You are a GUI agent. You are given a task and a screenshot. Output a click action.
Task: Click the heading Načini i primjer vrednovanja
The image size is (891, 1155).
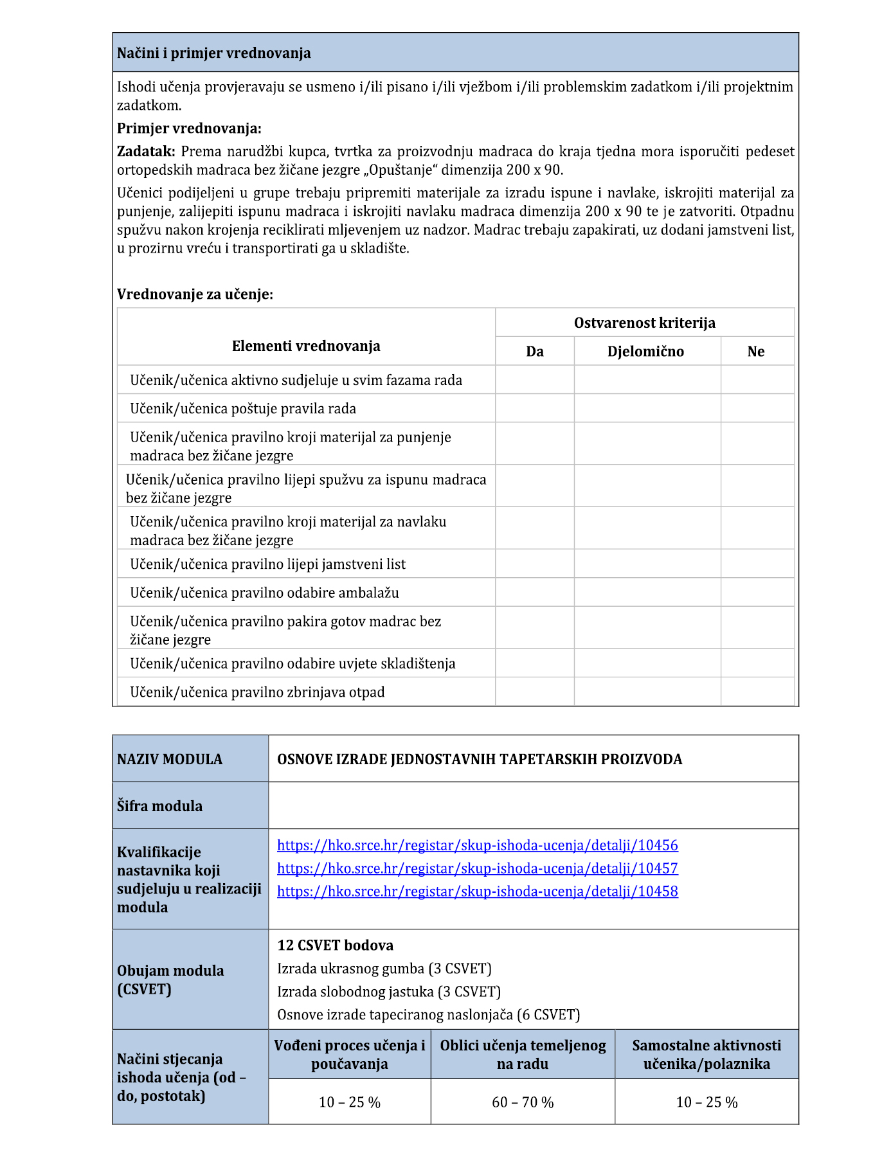pos(213,53)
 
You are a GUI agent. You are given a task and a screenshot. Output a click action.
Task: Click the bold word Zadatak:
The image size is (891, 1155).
pos(146,152)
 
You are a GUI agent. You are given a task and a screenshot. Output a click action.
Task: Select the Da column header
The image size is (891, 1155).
pos(534,352)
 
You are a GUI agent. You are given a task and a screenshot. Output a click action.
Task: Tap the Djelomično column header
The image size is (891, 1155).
pos(645,352)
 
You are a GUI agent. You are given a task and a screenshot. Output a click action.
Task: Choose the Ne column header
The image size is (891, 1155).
pos(756,352)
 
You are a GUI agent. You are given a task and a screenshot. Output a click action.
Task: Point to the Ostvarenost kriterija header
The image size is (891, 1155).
pos(644,323)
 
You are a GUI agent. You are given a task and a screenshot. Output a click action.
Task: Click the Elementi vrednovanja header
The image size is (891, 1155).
pos(306,346)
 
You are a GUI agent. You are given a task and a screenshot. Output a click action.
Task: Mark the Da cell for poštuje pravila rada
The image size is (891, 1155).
pos(534,409)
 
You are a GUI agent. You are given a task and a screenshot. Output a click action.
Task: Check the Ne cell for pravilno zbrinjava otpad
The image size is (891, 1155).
pos(757,692)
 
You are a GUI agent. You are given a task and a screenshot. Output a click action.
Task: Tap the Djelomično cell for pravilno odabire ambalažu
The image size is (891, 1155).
pos(647,593)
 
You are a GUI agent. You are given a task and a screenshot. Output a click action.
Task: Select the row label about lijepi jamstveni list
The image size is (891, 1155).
pos(267,564)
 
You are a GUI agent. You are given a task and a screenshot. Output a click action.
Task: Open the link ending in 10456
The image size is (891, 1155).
pos(477,845)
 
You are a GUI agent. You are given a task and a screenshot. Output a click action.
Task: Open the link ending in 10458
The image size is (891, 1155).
pos(477,891)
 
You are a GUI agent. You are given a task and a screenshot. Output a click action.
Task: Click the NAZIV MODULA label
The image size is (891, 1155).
pos(170,759)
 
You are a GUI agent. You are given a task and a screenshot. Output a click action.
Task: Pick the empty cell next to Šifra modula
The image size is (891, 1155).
pos(533,805)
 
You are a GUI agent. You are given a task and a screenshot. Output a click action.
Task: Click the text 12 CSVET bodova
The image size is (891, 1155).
pos(335,945)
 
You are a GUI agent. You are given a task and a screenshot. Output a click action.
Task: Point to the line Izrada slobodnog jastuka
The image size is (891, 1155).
pos(388,992)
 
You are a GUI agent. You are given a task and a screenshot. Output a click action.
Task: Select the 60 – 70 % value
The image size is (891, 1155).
pos(522,1102)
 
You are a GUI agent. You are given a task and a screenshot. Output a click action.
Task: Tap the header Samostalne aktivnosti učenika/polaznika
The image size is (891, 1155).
pos(706,1055)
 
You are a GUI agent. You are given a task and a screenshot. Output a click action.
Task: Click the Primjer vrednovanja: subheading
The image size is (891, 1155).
pos(189,129)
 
